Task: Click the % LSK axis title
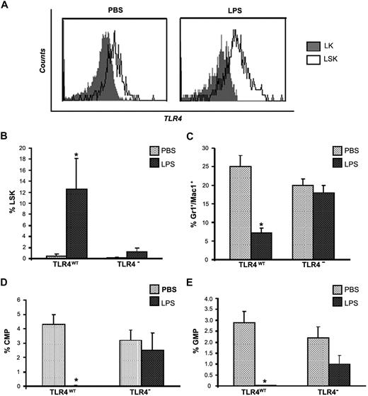(10, 203)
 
